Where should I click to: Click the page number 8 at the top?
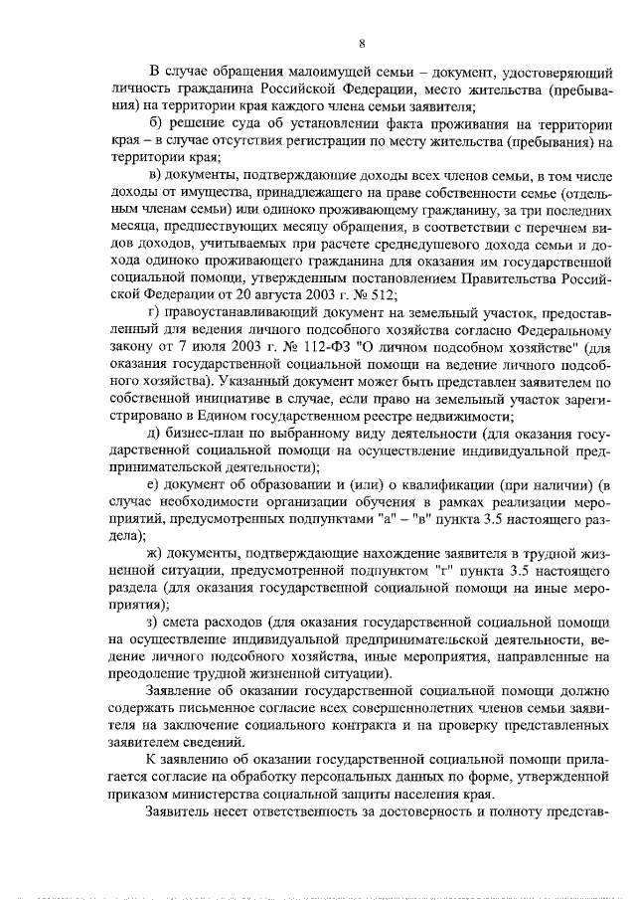click(362, 43)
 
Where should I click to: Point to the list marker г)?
click(153, 311)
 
